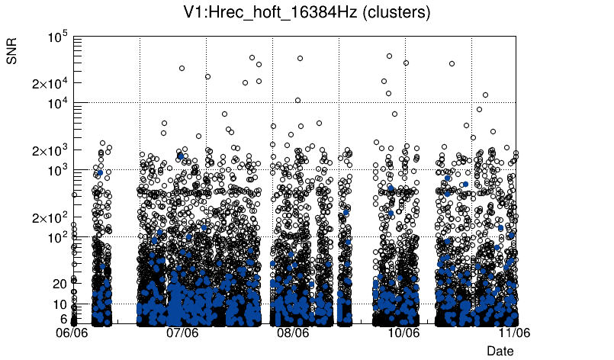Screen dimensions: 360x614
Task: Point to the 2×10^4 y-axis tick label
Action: pyautogui.click(x=50, y=83)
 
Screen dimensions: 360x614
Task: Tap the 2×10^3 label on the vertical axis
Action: pyautogui.click(x=50, y=150)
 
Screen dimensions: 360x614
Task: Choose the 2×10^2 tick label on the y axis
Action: pyautogui.click(x=50, y=217)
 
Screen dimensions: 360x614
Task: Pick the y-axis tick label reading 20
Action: pyautogui.click(x=59, y=284)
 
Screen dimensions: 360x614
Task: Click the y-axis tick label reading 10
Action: pyautogui.click(x=60, y=304)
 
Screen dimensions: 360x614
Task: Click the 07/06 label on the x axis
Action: pyautogui.click(x=182, y=333)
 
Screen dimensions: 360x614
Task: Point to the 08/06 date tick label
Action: pyautogui.click(x=293, y=333)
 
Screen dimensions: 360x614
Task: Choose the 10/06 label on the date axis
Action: pyautogui.click(x=403, y=333)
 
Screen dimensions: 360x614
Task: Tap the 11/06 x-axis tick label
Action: pyautogui.click(x=514, y=333)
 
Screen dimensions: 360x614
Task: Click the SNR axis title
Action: pyautogui.click(x=12, y=50)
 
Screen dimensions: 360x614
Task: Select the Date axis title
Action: pyautogui.click(x=500, y=351)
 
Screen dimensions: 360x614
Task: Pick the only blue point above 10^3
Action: pyautogui.click(x=181, y=156)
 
